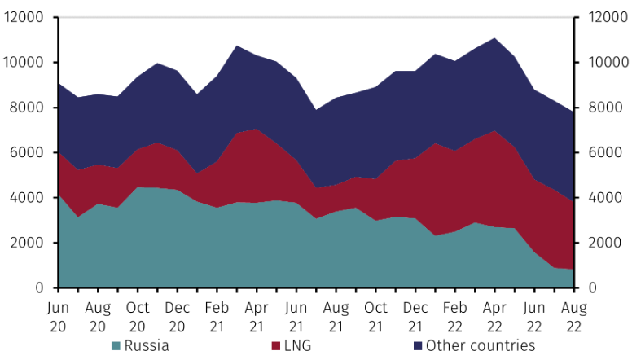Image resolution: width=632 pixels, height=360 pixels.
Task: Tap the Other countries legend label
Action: pos(481,346)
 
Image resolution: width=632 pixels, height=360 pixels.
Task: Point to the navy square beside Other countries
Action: pos(419,346)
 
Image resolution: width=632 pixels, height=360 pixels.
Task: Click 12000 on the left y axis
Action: pos(24,17)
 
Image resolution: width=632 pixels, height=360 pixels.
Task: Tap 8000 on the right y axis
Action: pos(602,108)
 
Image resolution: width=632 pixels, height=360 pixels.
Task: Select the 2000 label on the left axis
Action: pos(28,243)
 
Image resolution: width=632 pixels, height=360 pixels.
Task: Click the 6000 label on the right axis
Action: pos(602,152)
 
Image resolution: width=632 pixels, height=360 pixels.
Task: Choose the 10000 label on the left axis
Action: pos(24,63)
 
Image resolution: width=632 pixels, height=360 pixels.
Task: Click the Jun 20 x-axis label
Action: pos(58,315)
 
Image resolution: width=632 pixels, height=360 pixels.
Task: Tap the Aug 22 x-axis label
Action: pos(573,315)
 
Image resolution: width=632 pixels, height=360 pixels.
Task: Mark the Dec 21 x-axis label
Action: pos(415,315)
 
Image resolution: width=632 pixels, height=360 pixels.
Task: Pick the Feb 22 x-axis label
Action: pos(454,315)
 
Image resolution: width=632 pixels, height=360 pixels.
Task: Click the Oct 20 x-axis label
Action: pos(137,315)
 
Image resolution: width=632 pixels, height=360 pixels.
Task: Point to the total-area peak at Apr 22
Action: pos(494,37)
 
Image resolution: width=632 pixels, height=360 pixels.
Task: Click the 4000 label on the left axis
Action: pos(28,198)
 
